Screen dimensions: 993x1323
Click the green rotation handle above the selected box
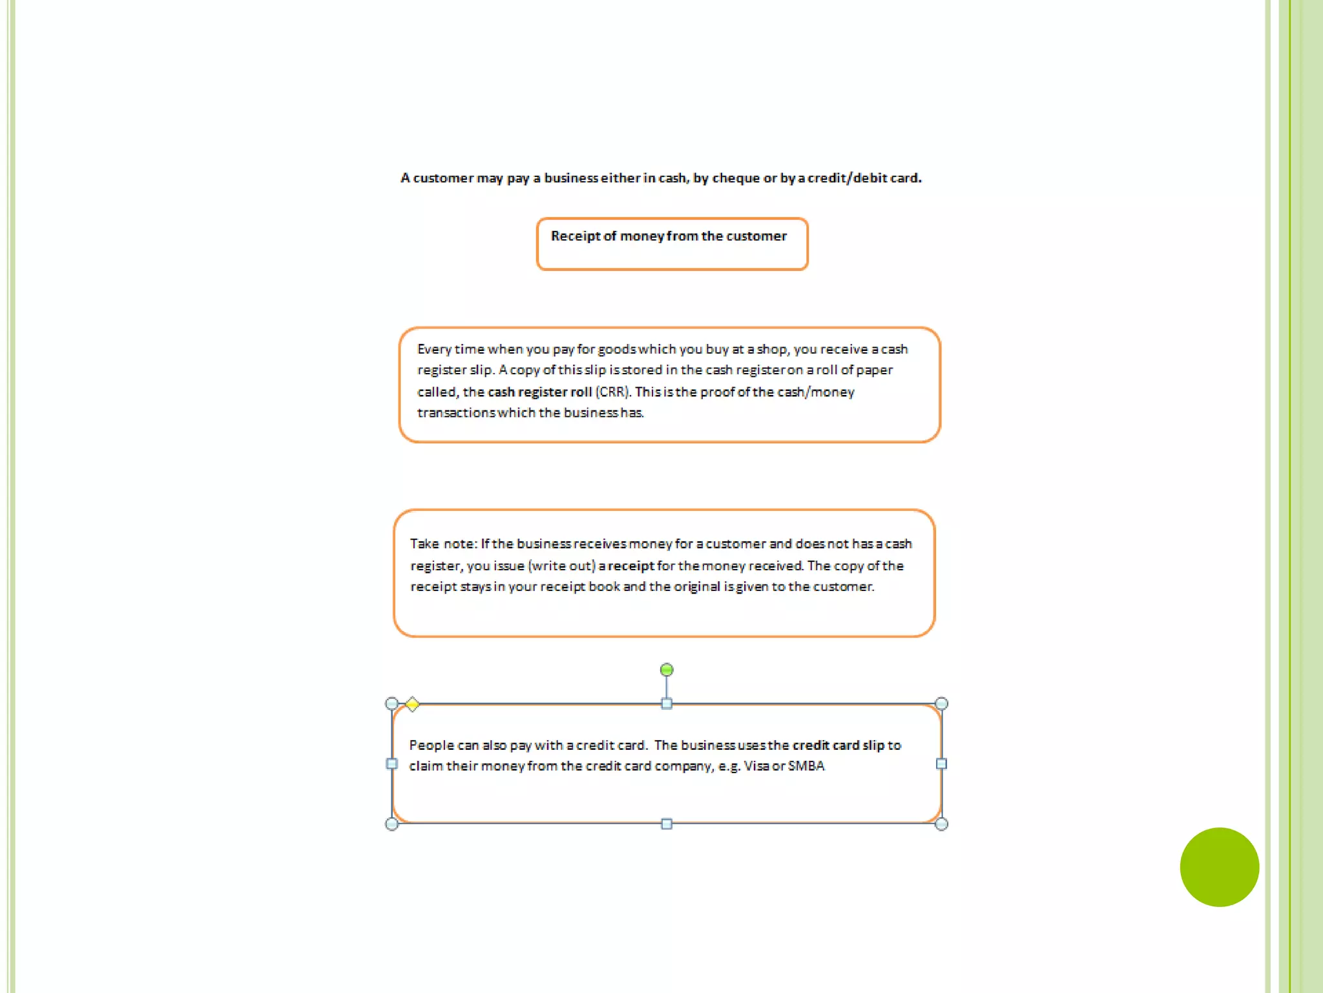coord(667,670)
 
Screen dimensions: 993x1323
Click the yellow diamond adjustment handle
coord(412,704)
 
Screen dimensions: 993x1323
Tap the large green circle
coord(1219,867)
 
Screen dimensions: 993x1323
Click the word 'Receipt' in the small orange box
coord(575,237)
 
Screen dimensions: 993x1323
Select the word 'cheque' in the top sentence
coord(736,178)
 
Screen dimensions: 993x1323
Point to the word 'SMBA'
coord(806,766)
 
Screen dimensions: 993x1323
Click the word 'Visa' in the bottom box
coord(756,766)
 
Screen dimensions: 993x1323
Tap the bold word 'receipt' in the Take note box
coord(630,566)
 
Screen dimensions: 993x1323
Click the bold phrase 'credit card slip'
coord(838,745)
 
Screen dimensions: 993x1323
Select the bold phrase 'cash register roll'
coord(539,392)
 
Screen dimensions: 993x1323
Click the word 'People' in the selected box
coord(432,745)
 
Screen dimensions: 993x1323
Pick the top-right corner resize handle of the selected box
coord(941,704)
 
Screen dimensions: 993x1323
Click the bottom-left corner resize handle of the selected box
coord(391,824)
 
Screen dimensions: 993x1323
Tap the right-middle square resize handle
coord(941,764)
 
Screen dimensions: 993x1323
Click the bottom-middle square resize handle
coord(667,824)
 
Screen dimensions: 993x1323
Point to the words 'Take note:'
coord(443,544)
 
